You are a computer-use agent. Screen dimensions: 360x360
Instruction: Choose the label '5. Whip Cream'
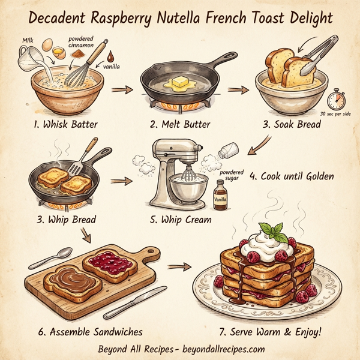pos(181,220)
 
